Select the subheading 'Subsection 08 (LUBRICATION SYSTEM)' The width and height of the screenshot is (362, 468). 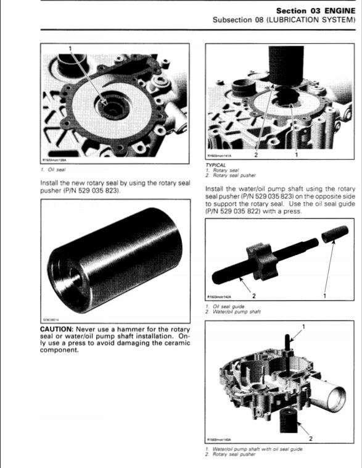pos(284,20)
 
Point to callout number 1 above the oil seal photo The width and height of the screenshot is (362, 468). pos(70,48)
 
